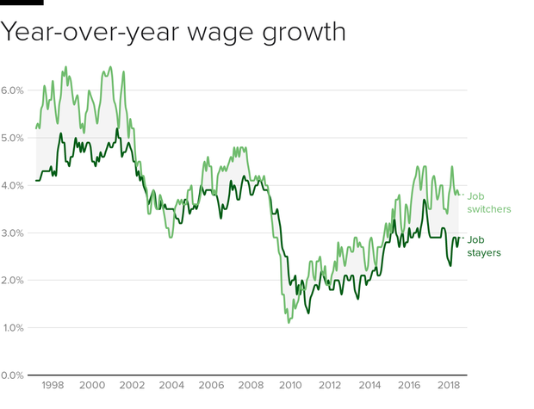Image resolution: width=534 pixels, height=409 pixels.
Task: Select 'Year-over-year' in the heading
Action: pyautogui.click(x=86, y=34)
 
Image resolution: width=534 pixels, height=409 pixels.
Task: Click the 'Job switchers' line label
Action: pyautogui.click(x=489, y=202)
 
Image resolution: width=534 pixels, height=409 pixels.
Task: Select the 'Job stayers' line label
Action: pyautogui.click(x=485, y=246)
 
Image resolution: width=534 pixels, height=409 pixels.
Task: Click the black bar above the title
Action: pyautogui.click(x=22, y=3)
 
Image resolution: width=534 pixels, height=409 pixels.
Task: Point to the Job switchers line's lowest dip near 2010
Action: pyautogui.click(x=289, y=322)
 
